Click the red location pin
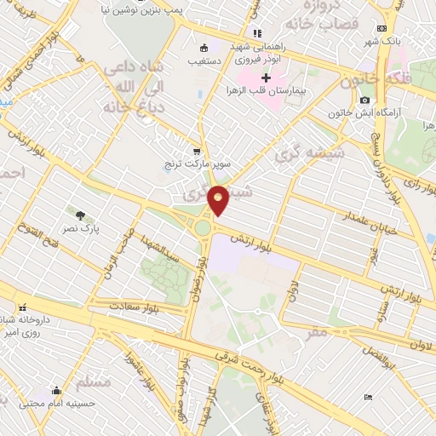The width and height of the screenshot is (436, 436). pos(219,199)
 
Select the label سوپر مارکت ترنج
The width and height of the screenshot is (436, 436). pos(192,163)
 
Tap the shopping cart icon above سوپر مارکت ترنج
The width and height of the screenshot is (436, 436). pos(198,151)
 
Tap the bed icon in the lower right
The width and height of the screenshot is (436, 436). pos(368,397)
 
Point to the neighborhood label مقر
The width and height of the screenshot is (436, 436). pos(317,333)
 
